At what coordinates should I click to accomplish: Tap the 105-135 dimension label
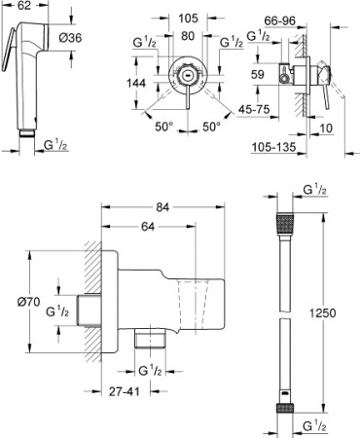pyautogui.click(x=279, y=147)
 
